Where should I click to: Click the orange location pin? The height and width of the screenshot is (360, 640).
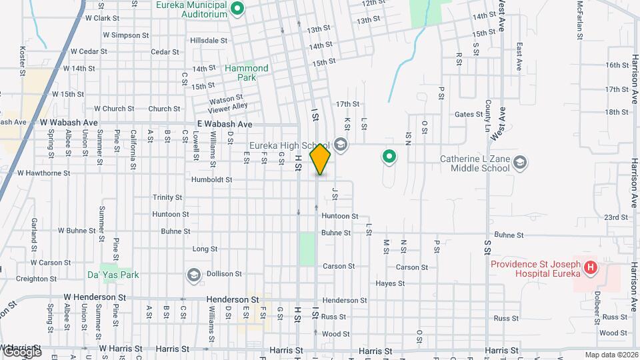click(320, 159)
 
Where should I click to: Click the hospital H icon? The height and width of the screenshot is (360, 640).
click(590, 268)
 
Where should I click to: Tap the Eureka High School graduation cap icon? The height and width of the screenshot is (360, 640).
click(341, 145)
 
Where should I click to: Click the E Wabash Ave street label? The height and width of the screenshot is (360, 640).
click(225, 124)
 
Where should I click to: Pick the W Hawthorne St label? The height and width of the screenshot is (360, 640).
click(44, 173)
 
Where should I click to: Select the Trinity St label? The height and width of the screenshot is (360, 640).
click(167, 197)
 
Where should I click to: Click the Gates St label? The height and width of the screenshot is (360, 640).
click(468, 115)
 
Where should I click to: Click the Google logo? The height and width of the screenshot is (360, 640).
click(21, 351)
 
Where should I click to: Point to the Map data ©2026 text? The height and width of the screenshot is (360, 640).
click(611, 355)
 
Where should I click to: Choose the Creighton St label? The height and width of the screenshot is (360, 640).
click(35, 279)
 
